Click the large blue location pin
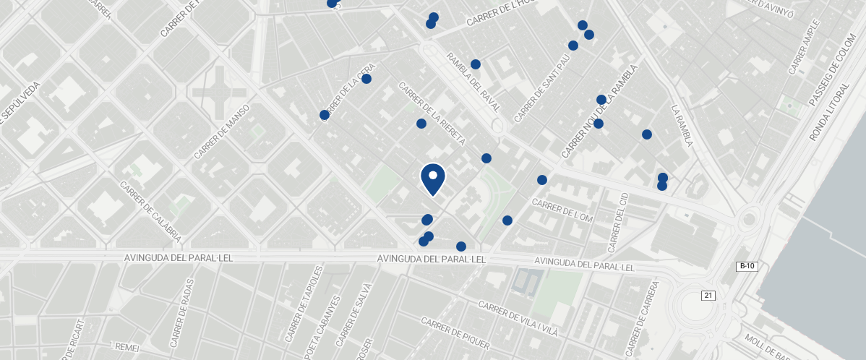point(432,178)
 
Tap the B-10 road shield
point(747,267)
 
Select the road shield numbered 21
point(708,295)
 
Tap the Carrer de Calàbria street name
point(150,212)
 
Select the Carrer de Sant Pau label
point(541,88)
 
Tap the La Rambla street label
point(682,126)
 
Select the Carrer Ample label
point(802,52)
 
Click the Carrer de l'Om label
point(562,209)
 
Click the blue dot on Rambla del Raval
point(476,64)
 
